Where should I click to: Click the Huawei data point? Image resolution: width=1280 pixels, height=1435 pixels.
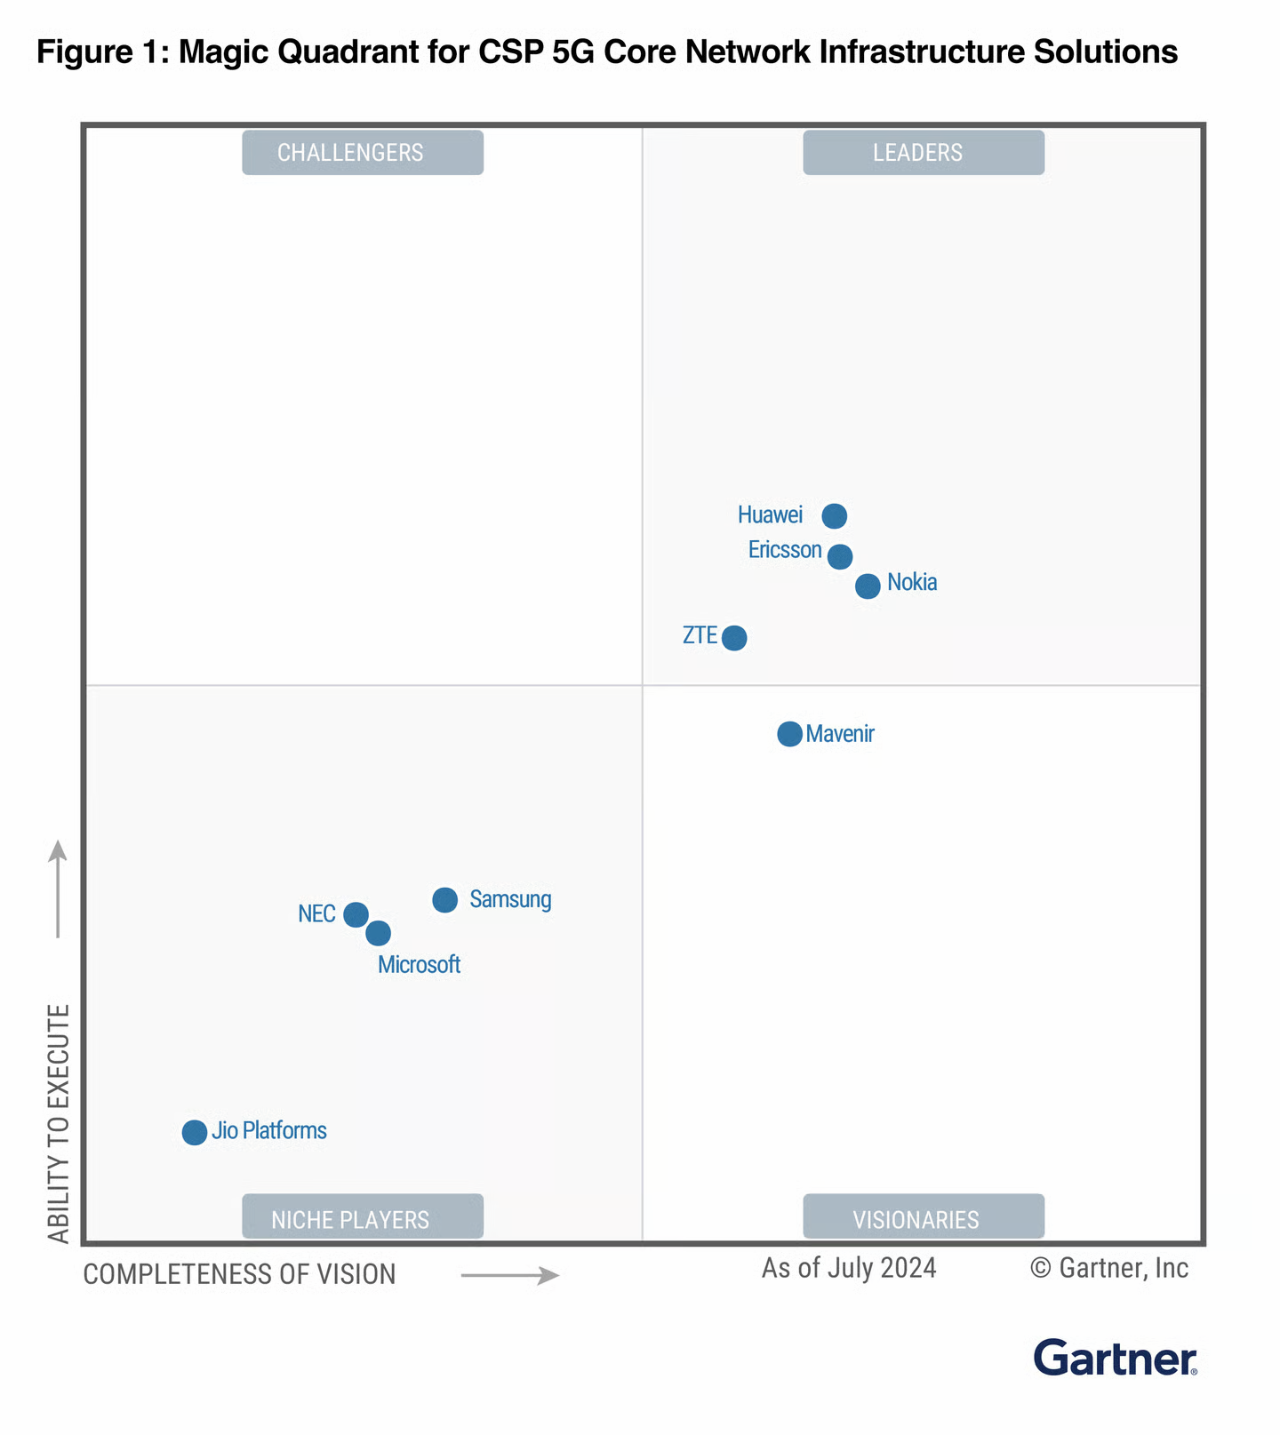[834, 515]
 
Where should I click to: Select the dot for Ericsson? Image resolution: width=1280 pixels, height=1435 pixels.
[840, 557]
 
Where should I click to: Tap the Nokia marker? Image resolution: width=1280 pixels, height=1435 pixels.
[868, 586]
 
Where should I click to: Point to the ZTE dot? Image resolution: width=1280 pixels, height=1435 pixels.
[734, 638]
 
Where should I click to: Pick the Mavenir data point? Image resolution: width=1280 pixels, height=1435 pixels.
[789, 734]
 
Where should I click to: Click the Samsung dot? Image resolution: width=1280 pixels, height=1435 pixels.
[445, 900]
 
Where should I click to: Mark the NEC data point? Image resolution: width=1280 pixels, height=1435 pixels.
[356, 914]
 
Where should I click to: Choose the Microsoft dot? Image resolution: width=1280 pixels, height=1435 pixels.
[379, 934]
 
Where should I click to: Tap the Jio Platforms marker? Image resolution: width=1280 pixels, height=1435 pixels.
[195, 1133]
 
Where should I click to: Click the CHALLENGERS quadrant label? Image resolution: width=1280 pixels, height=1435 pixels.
[363, 153]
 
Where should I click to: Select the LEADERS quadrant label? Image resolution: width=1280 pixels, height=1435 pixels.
[924, 153]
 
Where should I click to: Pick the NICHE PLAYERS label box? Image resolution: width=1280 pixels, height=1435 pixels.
[363, 1217]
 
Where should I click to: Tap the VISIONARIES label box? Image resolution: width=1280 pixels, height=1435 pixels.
[924, 1217]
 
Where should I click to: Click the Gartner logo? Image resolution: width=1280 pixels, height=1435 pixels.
[1116, 1358]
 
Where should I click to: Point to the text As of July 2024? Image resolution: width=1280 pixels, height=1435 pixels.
[849, 1268]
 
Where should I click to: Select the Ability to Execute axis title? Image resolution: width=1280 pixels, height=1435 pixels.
[59, 1123]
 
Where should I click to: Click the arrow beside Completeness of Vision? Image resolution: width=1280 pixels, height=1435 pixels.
[510, 1276]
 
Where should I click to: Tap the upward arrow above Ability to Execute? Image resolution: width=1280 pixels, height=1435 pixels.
[58, 889]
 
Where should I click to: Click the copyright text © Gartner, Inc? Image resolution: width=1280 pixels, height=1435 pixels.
[1109, 1268]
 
